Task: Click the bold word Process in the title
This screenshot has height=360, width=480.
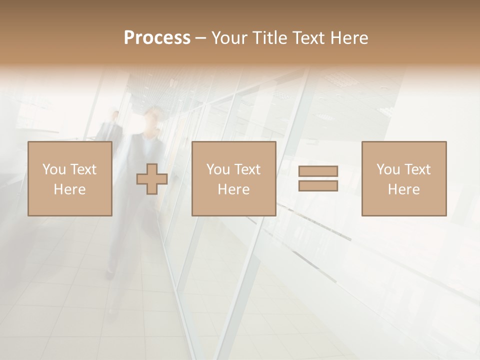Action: click(157, 38)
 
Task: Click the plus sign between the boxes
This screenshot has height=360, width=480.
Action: click(152, 179)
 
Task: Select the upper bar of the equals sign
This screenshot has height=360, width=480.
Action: click(318, 171)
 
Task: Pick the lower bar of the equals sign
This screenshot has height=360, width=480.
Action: click(318, 185)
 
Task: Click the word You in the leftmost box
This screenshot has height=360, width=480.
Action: click(54, 169)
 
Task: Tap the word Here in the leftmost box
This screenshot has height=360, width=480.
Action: click(69, 189)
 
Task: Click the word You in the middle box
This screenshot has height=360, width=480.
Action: click(218, 169)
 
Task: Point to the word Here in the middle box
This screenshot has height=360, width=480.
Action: click(233, 189)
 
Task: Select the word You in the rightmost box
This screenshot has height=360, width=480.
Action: click(388, 169)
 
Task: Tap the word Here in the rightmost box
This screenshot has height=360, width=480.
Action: click(403, 189)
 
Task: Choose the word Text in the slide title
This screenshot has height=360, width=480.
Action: click(307, 38)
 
